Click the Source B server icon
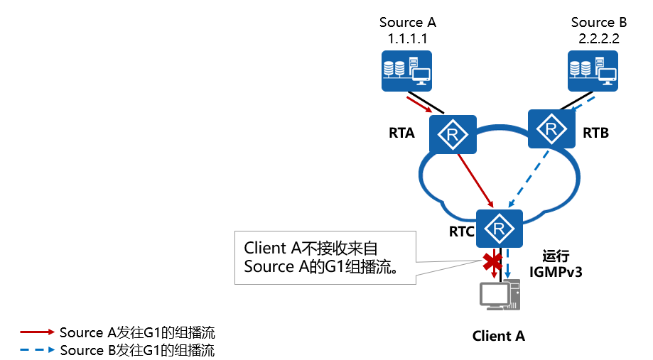pos(593,70)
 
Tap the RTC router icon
pos(500,228)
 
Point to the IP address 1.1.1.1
pos(407,38)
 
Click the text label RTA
pos(402,132)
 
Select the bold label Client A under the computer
pos(499,336)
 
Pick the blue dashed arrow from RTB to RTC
pos(526,178)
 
